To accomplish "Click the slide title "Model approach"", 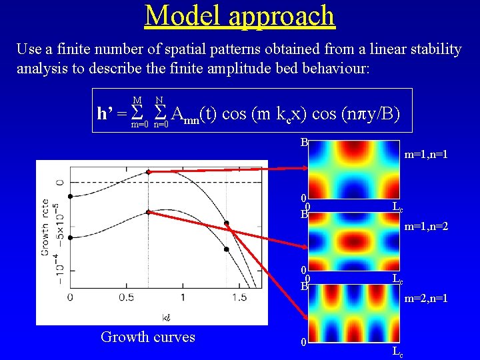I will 239,15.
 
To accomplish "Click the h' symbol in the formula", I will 105,114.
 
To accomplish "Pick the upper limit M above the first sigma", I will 136,100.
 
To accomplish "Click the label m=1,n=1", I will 425,154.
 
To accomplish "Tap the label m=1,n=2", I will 425,227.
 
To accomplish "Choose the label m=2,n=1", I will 425,298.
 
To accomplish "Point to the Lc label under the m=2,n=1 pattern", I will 397,351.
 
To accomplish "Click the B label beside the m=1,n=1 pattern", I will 303,142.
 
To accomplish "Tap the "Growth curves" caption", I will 148,337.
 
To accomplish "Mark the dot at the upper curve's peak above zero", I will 147,172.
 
